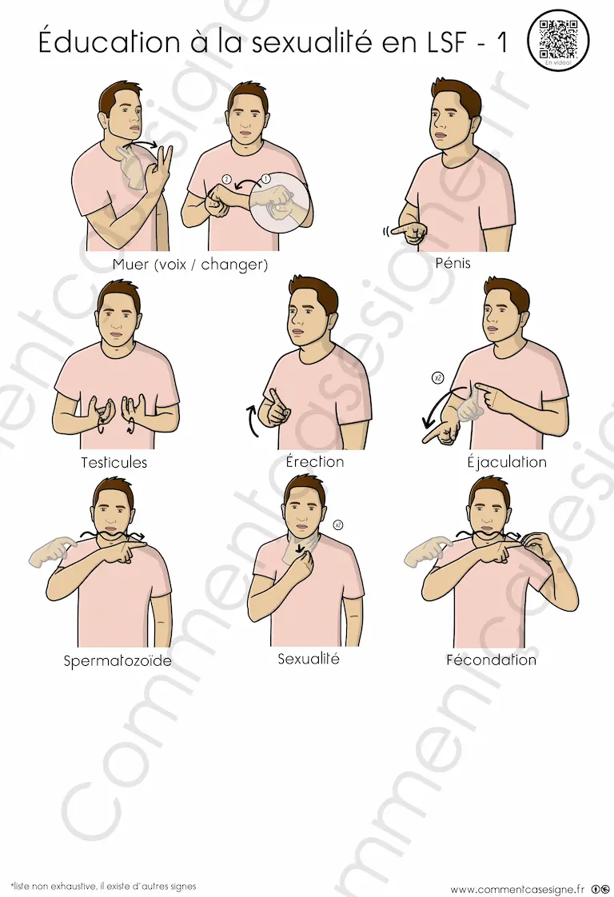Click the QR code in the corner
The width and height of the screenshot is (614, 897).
click(x=558, y=39)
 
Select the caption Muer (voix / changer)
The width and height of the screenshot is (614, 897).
click(x=190, y=265)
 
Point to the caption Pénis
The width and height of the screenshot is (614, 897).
click(x=453, y=263)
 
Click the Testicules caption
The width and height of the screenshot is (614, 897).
click(x=114, y=462)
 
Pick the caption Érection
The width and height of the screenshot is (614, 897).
click(x=315, y=461)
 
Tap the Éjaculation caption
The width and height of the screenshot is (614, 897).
click(x=506, y=461)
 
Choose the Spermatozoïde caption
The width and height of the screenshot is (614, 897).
click(x=118, y=661)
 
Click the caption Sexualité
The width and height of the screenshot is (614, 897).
click(x=309, y=659)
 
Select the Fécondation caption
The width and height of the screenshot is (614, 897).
click(x=491, y=660)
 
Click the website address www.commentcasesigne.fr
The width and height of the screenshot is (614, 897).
click(x=517, y=888)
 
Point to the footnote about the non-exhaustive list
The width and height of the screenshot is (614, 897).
click(x=103, y=886)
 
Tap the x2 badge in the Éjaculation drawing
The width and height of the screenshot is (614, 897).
click(x=438, y=377)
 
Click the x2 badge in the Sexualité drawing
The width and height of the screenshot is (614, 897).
click(x=338, y=524)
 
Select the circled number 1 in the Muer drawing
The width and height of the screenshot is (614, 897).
click(x=265, y=179)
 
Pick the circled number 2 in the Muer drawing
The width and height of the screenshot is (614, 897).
click(x=226, y=179)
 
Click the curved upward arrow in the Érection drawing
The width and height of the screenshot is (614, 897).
click(x=252, y=421)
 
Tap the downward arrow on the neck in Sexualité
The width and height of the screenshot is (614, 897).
click(x=299, y=548)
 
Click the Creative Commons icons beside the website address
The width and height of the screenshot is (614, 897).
click(x=600, y=888)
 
